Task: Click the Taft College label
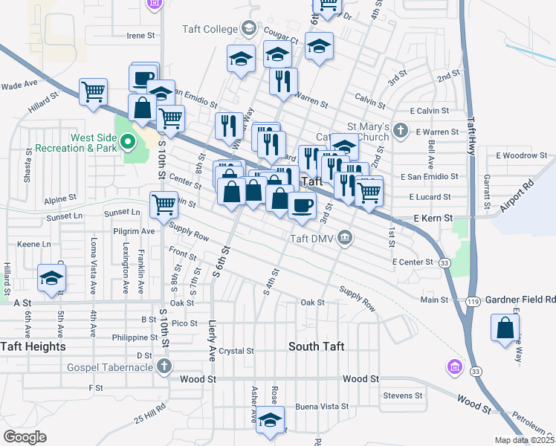coord(210,30)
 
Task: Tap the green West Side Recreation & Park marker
coord(128,139)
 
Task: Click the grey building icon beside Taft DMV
coord(345,238)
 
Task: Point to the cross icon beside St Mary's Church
coord(401,132)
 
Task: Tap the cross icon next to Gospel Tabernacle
coord(164,366)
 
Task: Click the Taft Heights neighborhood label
coord(33,346)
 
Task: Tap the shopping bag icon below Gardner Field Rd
coord(505,328)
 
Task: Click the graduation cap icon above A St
coord(51,279)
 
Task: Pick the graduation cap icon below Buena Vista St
coord(271,420)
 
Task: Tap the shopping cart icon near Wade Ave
coord(94,93)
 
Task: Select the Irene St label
coord(140,35)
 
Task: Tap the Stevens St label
coord(403,396)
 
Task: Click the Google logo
coord(25,436)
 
